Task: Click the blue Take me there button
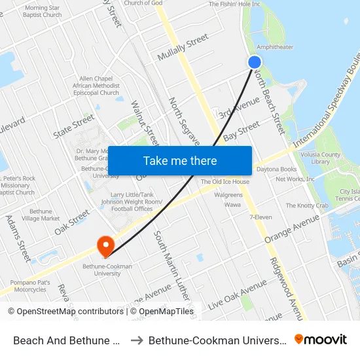coord(180,161)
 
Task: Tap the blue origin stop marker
coord(255,62)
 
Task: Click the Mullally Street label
coord(183,50)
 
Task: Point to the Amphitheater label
coord(275,47)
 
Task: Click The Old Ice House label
coord(225,182)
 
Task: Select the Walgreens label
coord(228,195)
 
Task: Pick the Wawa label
coord(232,205)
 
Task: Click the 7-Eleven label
coord(261,217)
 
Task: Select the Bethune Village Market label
coord(41,215)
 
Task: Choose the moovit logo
coord(321,339)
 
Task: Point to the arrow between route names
coord(137,340)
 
